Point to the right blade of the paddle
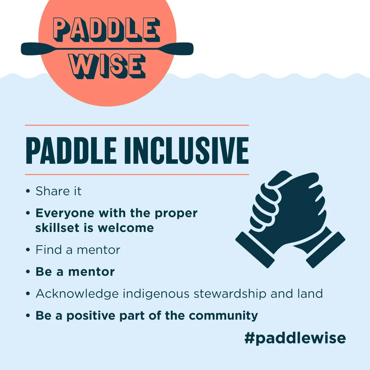[181, 48]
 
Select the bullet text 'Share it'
[58, 191]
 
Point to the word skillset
[58, 228]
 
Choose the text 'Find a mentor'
[78, 250]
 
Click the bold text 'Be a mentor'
[75, 272]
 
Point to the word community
[223, 316]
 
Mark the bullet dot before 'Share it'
[28, 192]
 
